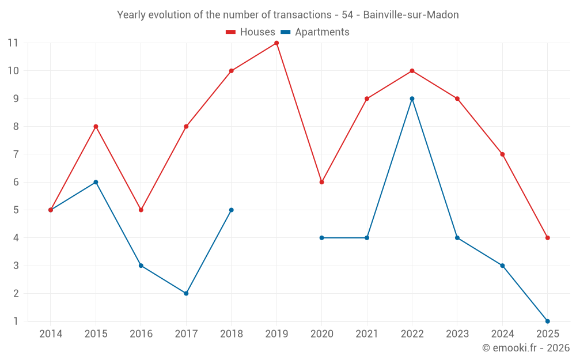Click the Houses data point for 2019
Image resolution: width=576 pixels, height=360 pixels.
(x=276, y=43)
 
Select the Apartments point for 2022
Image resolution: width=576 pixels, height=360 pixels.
(x=412, y=98)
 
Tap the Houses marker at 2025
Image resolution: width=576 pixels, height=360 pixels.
(x=547, y=238)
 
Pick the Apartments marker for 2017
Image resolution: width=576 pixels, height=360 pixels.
(x=186, y=293)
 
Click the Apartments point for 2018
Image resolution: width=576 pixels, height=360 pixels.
(x=231, y=210)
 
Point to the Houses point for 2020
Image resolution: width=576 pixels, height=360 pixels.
(x=321, y=182)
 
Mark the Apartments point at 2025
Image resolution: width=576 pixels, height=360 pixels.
(x=547, y=321)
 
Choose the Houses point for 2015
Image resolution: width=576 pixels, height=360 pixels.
(x=96, y=127)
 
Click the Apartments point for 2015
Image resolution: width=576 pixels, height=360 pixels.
(x=96, y=182)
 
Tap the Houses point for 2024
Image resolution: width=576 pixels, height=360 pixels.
(x=502, y=154)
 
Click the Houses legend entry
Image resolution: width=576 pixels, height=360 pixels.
(x=251, y=32)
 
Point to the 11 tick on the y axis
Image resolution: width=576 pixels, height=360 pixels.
(x=13, y=43)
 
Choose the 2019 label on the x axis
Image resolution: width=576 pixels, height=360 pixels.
(x=276, y=334)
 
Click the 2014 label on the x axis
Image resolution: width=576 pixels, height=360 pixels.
(x=51, y=334)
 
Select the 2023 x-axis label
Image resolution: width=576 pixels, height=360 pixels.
(x=457, y=334)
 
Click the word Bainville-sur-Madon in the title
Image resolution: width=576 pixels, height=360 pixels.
(x=411, y=15)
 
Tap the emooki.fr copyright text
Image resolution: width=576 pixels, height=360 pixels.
(x=525, y=348)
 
